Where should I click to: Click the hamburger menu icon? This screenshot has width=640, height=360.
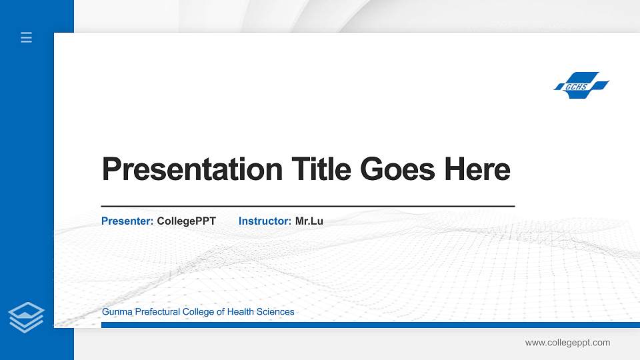click(x=27, y=38)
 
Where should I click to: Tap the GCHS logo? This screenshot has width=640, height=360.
click(x=581, y=86)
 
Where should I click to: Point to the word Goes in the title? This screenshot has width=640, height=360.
click(x=397, y=170)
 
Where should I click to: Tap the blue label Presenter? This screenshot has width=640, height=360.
click(x=127, y=221)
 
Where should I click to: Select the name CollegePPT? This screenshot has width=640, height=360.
click(x=186, y=221)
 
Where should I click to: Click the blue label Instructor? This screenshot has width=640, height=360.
click(x=265, y=221)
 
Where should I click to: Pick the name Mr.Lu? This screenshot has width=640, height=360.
click(x=309, y=221)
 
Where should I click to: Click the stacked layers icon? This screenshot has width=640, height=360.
click(x=27, y=316)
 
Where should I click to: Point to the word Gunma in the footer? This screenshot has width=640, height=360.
click(x=117, y=312)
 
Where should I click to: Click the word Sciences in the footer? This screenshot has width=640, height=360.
click(x=275, y=312)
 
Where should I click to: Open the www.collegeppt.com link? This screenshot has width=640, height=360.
click(x=567, y=343)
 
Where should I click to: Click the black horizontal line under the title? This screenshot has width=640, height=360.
click(x=307, y=207)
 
